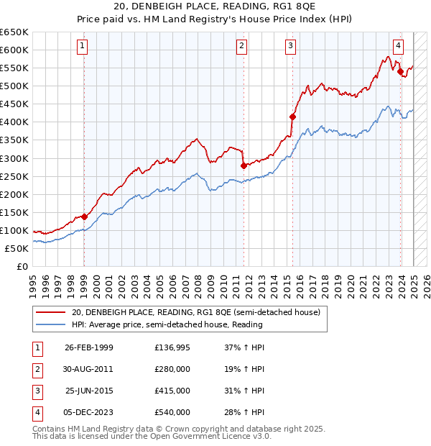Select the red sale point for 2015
(x=292, y=117)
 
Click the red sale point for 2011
(x=244, y=165)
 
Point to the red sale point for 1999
(x=84, y=217)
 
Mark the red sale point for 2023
(x=399, y=71)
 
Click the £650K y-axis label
(x=14, y=32)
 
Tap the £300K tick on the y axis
(x=14, y=158)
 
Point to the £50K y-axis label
(x=17, y=248)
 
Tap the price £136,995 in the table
(x=172, y=347)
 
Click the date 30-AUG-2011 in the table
(x=89, y=369)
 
